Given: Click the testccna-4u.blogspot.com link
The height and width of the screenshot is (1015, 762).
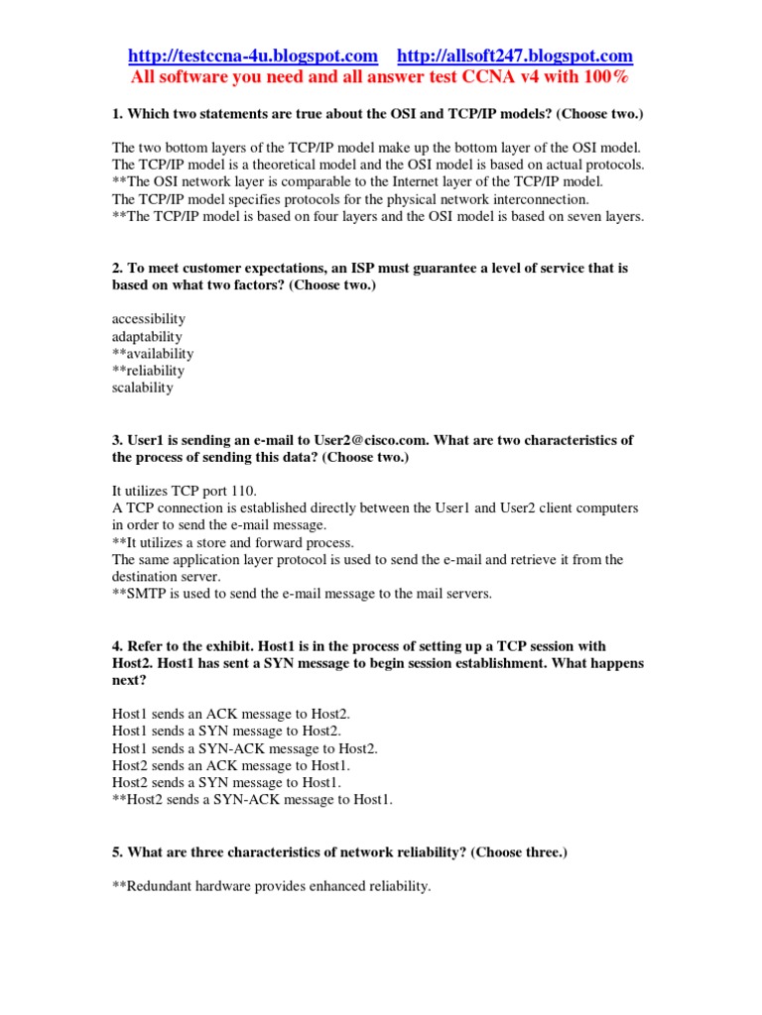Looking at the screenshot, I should pyautogui.click(x=253, y=56).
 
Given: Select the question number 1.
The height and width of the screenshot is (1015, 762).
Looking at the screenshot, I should pyautogui.click(x=117, y=115).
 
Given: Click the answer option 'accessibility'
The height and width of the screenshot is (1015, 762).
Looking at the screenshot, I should pyautogui.click(x=149, y=319).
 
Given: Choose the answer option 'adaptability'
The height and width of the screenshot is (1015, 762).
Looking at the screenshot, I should pyautogui.click(x=147, y=336).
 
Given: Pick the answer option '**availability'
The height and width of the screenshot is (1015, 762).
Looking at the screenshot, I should pyautogui.click(x=153, y=353).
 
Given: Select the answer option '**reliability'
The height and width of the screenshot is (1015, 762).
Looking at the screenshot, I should pyautogui.click(x=149, y=370).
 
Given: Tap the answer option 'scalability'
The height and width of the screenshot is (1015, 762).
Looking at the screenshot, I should pyautogui.click(x=143, y=387).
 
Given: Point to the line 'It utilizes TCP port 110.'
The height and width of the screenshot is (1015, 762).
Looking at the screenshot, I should pyautogui.click(x=185, y=491).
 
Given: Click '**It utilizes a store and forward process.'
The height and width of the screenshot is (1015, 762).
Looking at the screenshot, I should pyautogui.click(x=233, y=542).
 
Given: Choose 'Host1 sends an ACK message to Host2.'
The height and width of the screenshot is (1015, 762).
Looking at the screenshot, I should pyautogui.click(x=231, y=714).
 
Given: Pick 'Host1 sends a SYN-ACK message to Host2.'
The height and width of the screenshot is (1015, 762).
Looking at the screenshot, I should pyautogui.click(x=245, y=748).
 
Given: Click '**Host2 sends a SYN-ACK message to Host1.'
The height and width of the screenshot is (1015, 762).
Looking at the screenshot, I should pyautogui.click(x=252, y=800).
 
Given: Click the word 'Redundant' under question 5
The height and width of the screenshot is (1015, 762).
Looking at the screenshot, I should pyautogui.click(x=158, y=886).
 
